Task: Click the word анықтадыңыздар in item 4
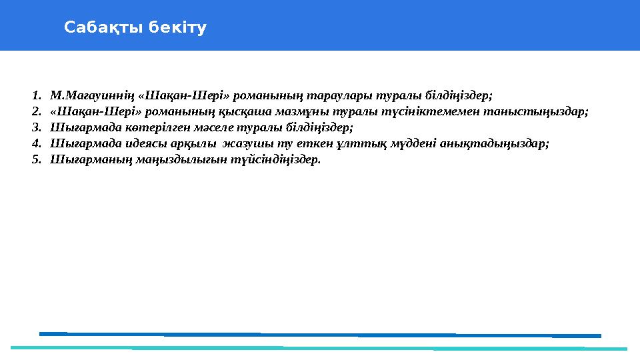click(x=499, y=143)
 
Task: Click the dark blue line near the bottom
click(x=320, y=335)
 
